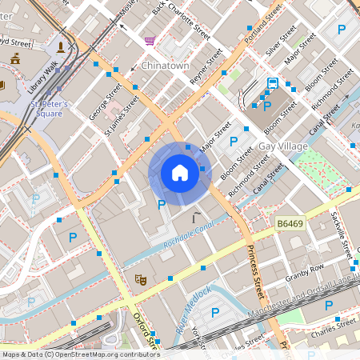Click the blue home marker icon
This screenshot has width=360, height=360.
click(179, 173)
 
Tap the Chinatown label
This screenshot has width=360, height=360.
click(165, 65)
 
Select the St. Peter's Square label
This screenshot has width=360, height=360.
click(50, 109)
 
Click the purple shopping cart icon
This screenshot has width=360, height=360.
click(150, 40)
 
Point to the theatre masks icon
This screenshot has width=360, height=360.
click(140, 279)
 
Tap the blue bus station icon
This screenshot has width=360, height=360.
click(273, 82)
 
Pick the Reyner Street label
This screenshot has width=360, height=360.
click(206, 70)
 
